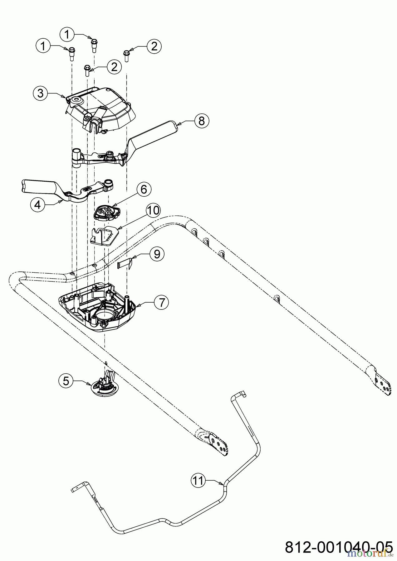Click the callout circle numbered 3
41,93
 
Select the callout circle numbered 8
201,121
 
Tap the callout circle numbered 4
37,205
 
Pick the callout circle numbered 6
144,189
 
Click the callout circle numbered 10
153,211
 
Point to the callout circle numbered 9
157,254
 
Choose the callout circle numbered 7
161,302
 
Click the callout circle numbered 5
66,381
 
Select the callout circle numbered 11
198,481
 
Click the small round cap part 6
106,213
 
